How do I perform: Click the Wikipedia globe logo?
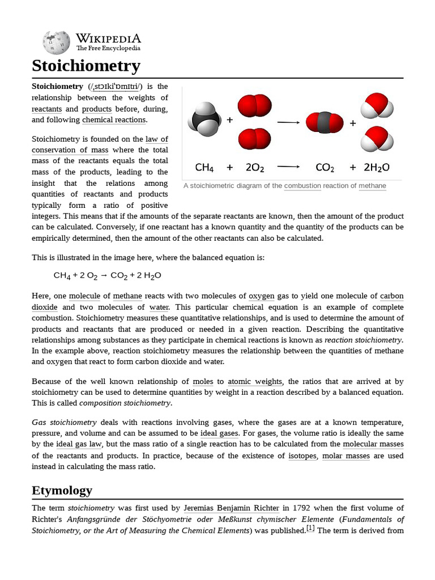pyautogui.click(x=56, y=42)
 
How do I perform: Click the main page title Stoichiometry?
pyautogui.click(x=86, y=66)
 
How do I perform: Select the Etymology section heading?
pyautogui.click(x=62, y=490)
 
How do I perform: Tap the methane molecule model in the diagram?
pyautogui.click(x=204, y=120)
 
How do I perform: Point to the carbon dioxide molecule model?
pyautogui.click(x=324, y=122)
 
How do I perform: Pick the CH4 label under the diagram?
pyautogui.click(x=204, y=168)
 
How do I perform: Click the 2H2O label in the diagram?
pyautogui.click(x=376, y=168)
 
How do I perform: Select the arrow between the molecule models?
pyautogui.click(x=288, y=122)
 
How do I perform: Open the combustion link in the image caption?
pyautogui.click(x=302, y=186)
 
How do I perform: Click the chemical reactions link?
pyautogui.click(x=114, y=120)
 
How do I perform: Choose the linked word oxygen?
pyautogui.click(x=261, y=296)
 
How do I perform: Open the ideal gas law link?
pyautogui.click(x=79, y=444)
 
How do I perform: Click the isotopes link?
pyautogui.click(x=302, y=455)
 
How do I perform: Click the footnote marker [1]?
pyautogui.click(x=310, y=529)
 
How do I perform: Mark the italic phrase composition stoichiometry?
pyautogui.click(x=125, y=403)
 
